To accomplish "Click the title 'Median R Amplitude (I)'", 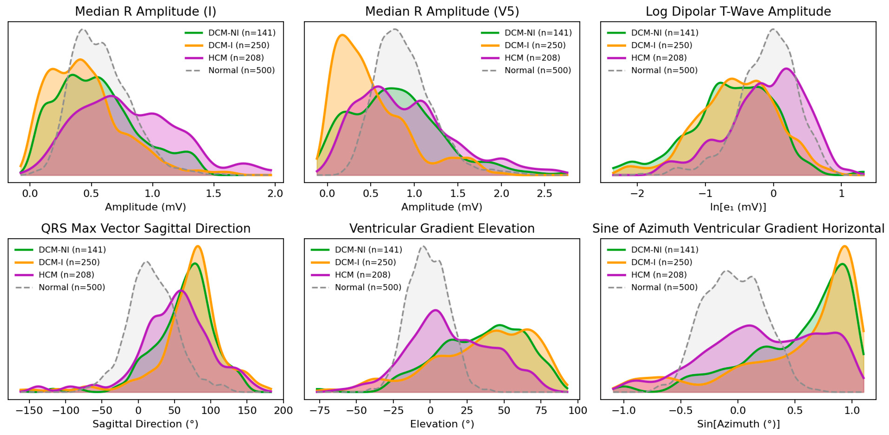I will [x=145, y=11].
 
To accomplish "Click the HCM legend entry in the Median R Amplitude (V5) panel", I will [x=532, y=58].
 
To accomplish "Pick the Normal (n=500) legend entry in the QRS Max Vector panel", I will [x=71, y=287].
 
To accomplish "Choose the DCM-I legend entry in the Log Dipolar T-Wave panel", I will [x=661, y=45].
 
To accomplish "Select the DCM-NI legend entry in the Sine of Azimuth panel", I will [x=664, y=250].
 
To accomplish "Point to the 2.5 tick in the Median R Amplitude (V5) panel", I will [x=545, y=193].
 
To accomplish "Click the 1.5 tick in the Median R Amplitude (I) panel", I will [x=214, y=193].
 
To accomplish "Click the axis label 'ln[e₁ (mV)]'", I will [x=738, y=207].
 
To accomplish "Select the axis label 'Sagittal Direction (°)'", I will [x=145, y=424].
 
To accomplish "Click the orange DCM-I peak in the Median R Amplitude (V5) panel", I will [x=342, y=35].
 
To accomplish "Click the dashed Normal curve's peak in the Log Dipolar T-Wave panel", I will [x=773, y=29].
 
